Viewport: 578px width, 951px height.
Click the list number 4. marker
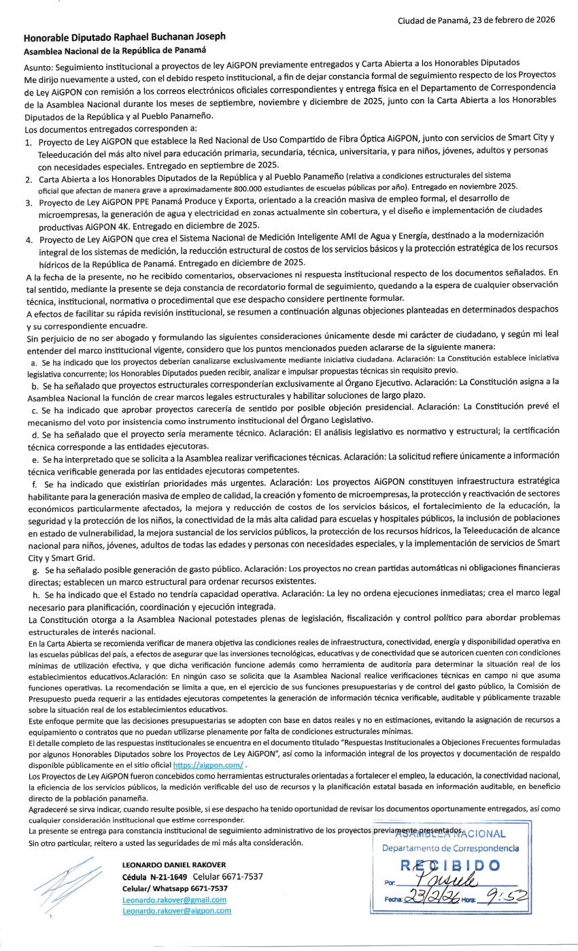pos(28,240)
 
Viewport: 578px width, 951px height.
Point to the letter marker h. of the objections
pos(35,594)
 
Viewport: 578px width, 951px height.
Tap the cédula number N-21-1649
pos(169,876)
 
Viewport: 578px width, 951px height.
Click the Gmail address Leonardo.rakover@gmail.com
pos(174,899)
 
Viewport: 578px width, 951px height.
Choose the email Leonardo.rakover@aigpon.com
pos(176,910)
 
